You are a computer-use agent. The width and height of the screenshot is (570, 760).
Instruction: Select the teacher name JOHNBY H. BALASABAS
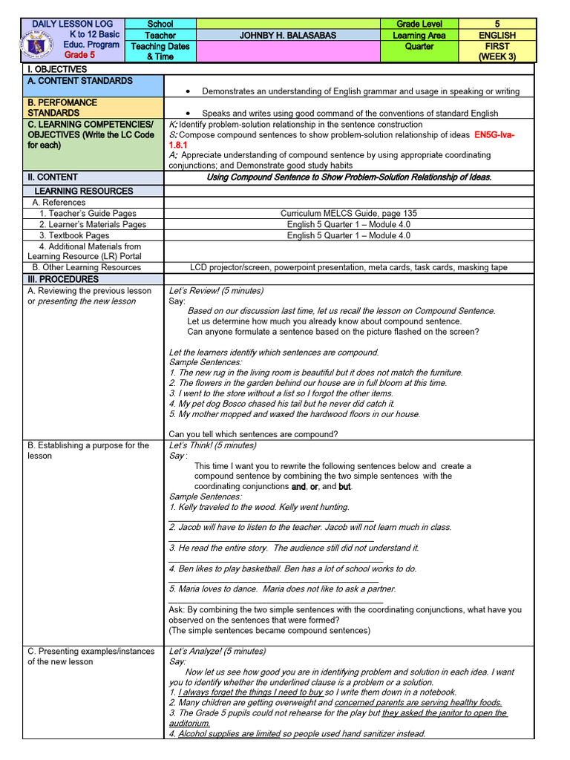point(287,35)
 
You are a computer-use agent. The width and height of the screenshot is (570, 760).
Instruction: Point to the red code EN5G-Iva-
point(494,135)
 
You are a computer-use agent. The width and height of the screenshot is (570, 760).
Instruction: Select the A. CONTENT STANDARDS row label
point(80,80)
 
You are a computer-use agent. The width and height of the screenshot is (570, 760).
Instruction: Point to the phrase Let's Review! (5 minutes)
point(216,291)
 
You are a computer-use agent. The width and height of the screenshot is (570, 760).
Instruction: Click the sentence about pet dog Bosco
point(281,404)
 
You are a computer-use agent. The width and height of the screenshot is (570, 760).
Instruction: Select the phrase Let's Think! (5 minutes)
point(212,445)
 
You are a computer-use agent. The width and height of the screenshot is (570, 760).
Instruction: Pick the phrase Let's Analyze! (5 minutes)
point(217,651)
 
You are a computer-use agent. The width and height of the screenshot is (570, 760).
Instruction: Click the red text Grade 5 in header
point(79,55)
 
